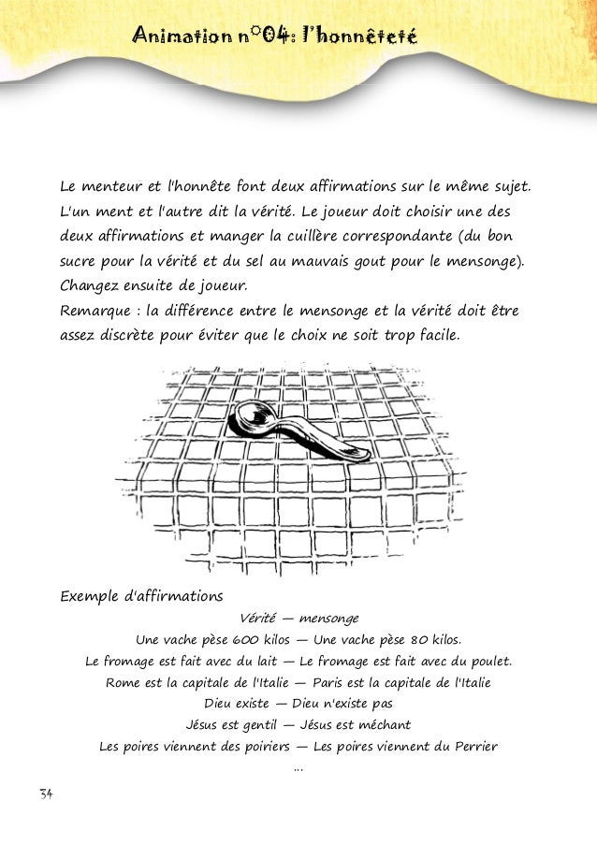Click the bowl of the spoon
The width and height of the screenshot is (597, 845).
point(250,415)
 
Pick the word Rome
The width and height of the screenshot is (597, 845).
point(122,683)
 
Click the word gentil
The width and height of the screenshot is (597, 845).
point(252,725)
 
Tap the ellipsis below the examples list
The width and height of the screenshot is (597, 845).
point(298,769)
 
